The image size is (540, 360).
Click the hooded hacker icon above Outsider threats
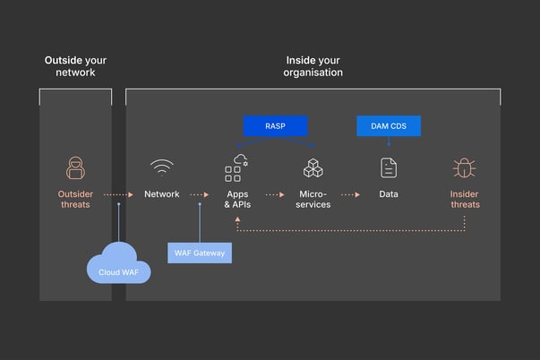(x=75, y=167)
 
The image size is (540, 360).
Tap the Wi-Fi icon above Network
(x=162, y=167)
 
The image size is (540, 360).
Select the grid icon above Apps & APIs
(x=236, y=167)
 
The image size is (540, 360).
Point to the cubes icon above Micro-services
(x=313, y=167)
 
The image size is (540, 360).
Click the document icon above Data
(x=388, y=167)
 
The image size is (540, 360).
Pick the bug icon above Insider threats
(x=464, y=167)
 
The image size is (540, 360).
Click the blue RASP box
(x=275, y=126)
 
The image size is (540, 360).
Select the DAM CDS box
(x=389, y=126)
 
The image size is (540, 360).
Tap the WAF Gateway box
(x=200, y=253)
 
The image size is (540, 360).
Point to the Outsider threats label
(x=75, y=199)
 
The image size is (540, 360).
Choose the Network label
(x=162, y=194)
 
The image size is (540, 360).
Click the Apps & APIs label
(x=238, y=199)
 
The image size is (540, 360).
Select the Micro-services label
(x=313, y=199)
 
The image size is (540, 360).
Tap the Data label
(x=388, y=194)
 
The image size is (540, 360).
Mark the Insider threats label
(x=464, y=199)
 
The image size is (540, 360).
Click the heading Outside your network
(x=75, y=66)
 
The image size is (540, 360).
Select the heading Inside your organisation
(x=313, y=66)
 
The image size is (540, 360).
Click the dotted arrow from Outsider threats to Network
(x=117, y=194)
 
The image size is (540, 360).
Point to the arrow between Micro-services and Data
(x=349, y=194)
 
